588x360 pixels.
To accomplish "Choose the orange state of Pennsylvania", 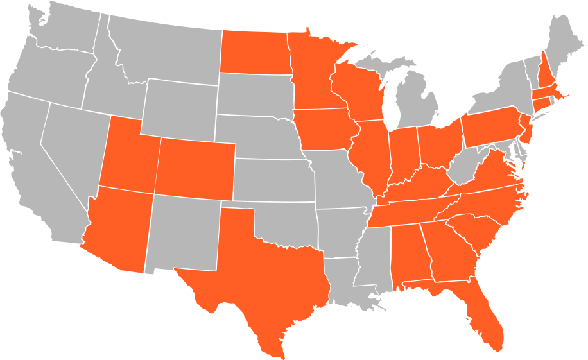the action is pyautogui.click(x=491, y=125).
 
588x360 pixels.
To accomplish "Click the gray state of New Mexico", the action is pyautogui.click(x=183, y=231).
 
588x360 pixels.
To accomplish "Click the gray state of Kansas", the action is pyautogui.click(x=273, y=180).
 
